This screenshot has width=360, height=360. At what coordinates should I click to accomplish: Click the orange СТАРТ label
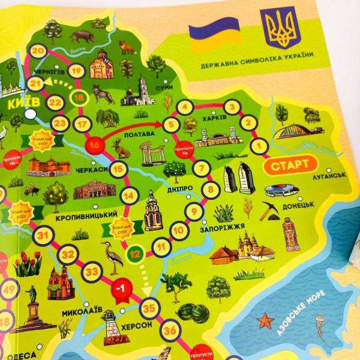[x=290, y=164]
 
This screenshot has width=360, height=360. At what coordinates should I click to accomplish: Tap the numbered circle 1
[x=259, y=145]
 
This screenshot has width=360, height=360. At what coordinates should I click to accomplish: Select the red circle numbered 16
[x=94, y=145]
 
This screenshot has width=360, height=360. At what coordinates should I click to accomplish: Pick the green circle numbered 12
[x=136, y=254]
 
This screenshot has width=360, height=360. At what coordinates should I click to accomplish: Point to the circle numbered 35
[x=149, y=310]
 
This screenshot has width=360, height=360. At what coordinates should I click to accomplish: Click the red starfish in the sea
[x=265, y=320]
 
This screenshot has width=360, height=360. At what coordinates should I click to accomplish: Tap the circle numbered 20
[x=40, y=50]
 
